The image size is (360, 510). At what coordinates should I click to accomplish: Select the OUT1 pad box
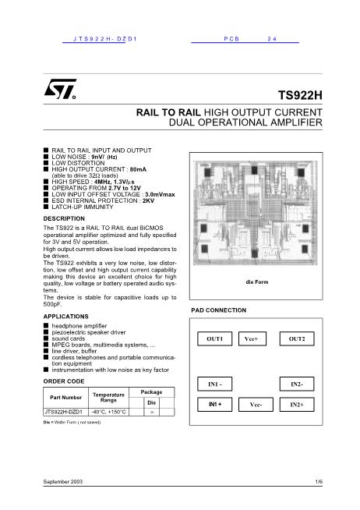click(x=214, y=339)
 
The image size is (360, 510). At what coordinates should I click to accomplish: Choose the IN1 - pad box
click(x=214, y=385)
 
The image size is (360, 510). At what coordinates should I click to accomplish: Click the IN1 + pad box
click(x=214, y=405)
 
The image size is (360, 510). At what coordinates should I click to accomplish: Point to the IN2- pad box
click(x=296, y=385)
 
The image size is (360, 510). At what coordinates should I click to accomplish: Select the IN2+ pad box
click(x=296, y=406)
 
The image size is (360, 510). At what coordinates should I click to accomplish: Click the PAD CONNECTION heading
click(x=218, y=310)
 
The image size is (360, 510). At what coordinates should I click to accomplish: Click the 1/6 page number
click(x=318, y=484)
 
